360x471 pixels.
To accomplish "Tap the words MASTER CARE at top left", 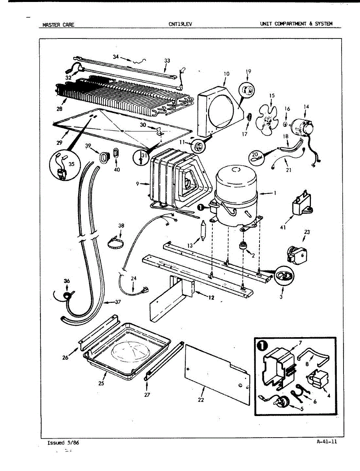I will tap(58, 25).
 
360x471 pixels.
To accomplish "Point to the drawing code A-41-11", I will tap(327, 441).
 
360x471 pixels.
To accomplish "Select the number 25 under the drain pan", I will tap(101, 383).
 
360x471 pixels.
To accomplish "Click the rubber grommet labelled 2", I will tap(243, 247).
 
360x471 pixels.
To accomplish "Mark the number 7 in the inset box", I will tap(300, 343).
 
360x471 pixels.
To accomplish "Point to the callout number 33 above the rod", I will tap(167, 60).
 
